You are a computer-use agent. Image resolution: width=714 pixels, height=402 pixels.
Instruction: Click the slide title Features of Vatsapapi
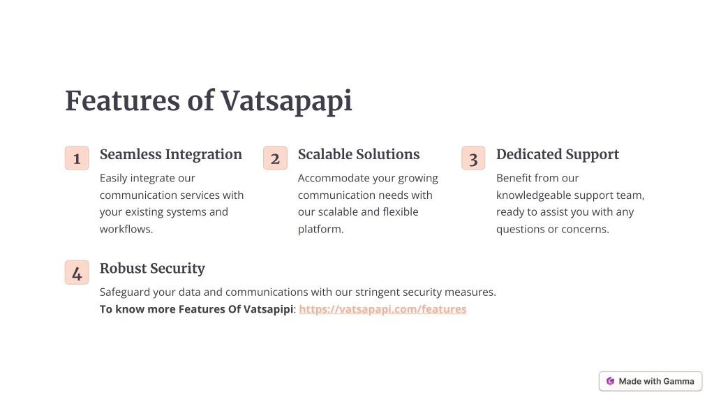209,101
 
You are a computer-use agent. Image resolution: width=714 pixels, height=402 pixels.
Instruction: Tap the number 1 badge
77,158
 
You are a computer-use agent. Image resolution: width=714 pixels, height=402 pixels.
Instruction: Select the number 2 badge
275,158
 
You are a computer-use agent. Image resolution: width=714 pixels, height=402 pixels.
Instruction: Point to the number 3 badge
473,158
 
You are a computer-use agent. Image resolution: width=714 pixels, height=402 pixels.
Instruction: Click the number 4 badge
77,272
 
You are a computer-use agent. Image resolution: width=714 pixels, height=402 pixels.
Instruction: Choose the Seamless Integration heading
171,155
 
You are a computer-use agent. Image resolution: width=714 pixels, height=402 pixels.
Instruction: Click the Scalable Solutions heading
359,154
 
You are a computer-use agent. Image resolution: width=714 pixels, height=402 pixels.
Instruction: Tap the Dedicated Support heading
558,155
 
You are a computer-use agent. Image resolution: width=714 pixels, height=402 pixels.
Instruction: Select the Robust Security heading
153,269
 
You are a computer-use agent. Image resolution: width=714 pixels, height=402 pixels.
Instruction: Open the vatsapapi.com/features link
382,309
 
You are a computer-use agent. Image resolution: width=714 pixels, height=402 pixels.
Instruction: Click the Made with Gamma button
650,382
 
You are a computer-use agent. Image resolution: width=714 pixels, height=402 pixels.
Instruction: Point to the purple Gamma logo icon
610,382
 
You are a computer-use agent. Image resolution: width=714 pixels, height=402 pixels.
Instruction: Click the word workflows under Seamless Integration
126,229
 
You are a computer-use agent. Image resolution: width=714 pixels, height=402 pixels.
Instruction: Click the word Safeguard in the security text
124,292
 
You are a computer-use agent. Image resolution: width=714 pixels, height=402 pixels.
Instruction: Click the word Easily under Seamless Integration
113,179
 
